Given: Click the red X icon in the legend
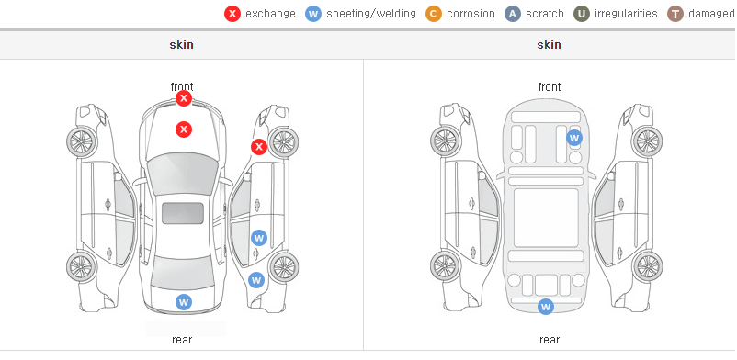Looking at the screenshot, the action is point(232,14).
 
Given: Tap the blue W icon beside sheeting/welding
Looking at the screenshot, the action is point(313,14).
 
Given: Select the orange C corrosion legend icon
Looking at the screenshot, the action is point(434,14).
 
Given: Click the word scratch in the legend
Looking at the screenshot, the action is point(545,14).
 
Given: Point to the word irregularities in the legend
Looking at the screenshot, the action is point(626,14).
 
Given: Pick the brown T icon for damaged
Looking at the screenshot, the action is point(675,14).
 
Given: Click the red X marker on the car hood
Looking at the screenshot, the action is point(184,129).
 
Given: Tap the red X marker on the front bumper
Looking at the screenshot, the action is point(184,98).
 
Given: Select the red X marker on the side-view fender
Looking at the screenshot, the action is point(258,147).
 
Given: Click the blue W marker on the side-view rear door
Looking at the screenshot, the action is point(259,238).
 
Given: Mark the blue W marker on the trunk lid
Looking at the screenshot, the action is point(184,302).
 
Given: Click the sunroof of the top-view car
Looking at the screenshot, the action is point(183,213).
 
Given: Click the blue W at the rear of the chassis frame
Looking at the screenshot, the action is point(546,307).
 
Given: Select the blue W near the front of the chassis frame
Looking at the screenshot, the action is point(574,138).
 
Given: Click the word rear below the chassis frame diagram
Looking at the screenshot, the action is point(550,340).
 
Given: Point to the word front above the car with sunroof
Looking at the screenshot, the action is point(182,87).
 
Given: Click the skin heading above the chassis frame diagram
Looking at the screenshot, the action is point(549,45).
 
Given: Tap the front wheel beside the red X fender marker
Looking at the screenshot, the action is point(283,142).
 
